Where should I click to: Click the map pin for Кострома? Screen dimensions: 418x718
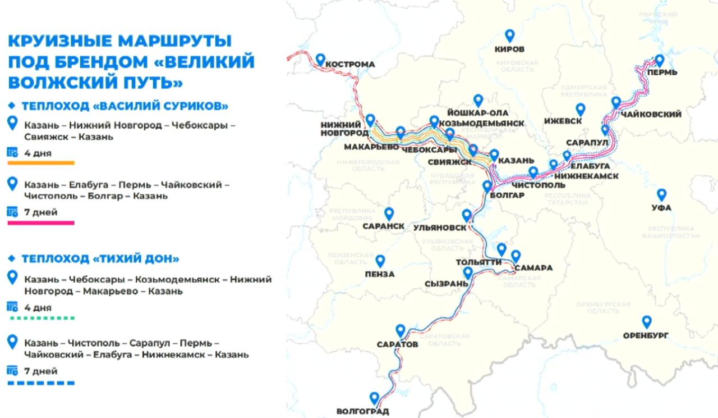[x=320, y=59]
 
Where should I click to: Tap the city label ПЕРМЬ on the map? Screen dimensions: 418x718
[x=662, y=72]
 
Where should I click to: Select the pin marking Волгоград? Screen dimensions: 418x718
[x=374, y=398]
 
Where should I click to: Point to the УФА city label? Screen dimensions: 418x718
[x=661, y=208]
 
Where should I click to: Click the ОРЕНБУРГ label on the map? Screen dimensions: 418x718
[x=646, y=335]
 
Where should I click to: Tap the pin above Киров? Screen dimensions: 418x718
[x=509, y=35]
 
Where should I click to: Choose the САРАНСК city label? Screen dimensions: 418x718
[x=384, y=226]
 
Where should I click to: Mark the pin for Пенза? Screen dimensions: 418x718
[x=380, y=261]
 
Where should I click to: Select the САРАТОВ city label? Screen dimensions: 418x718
[x=397, y=344]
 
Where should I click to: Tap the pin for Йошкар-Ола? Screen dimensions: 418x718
[x=478, y=100]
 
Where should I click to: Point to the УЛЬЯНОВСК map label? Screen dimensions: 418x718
[x=440, y=228]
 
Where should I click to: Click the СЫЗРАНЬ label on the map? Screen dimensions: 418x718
[x=447, y=284]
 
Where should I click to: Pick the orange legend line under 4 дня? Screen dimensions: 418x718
[x=41, y=163]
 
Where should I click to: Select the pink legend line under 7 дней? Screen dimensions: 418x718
[x=41, y=223]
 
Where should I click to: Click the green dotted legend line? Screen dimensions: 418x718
[x=41, y=318]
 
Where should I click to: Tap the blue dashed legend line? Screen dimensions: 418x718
[x=41, y=383]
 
